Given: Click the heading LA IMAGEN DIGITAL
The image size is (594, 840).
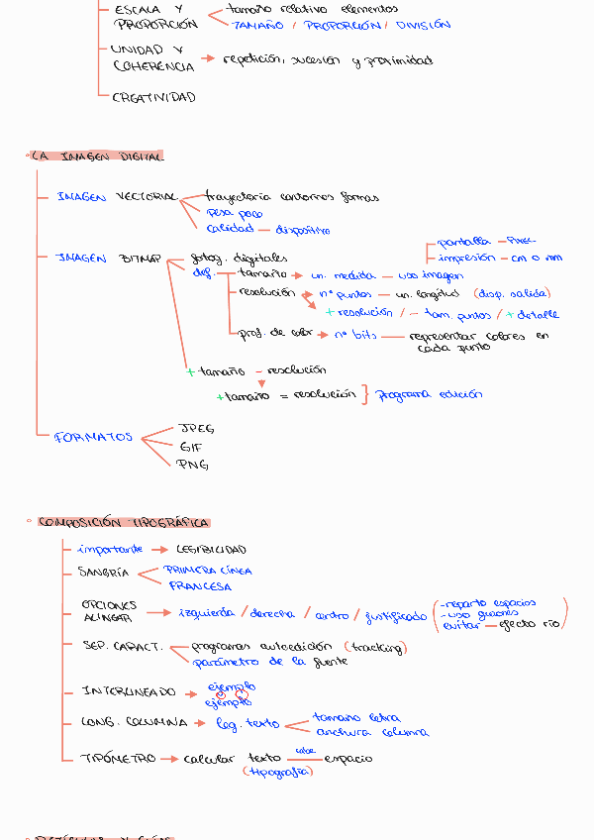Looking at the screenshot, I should pos(97,157).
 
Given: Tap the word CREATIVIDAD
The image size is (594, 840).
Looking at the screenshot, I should pos(153,97).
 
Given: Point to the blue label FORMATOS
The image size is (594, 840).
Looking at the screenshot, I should pos(93,436).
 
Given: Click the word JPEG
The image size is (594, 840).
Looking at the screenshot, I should pos(195,429).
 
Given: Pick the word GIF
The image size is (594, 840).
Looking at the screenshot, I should pos(190,447).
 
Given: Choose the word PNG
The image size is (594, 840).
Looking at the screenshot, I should pos(192,465).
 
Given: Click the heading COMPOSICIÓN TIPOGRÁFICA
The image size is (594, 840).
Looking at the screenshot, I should pos(123,522).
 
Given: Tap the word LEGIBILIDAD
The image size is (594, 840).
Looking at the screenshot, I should pos(211,549).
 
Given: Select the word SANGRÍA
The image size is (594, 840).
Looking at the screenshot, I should pos(103,573).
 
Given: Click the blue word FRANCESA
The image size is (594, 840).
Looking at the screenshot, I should pos(200,586).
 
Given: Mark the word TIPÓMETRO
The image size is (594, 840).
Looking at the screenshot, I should pos(118,759).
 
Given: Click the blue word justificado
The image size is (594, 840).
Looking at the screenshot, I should pos(396,616).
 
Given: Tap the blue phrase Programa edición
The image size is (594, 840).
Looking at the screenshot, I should pos(430,394).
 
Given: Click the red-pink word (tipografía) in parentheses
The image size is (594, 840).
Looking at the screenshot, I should pos(277,772).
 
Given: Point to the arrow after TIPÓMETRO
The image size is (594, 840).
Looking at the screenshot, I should pos(170,759).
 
